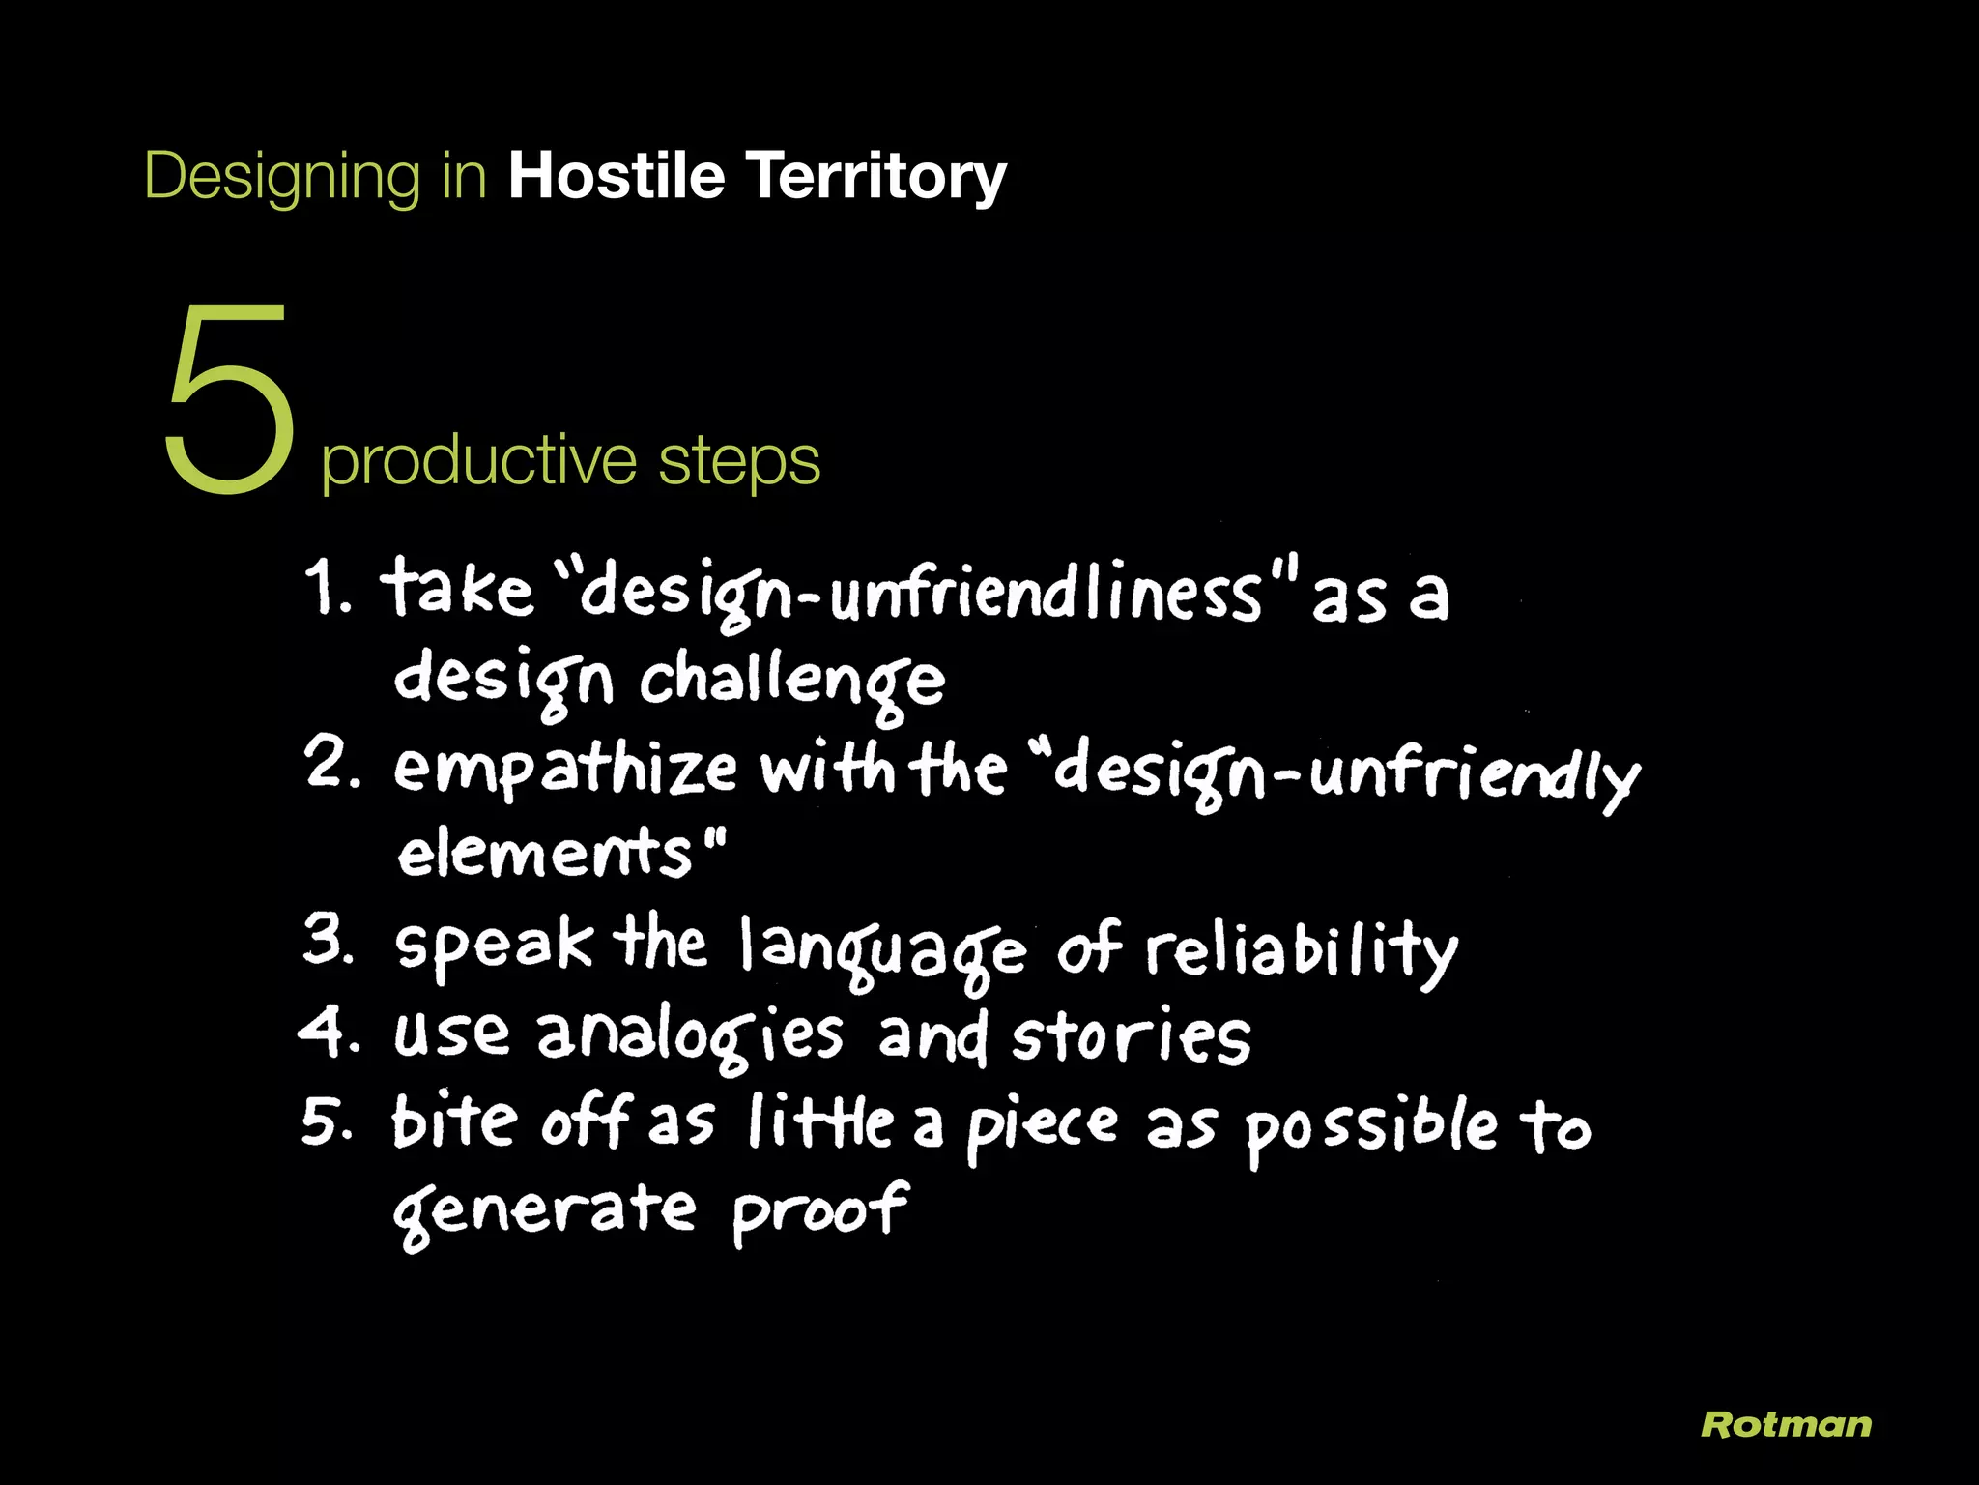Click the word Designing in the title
[281, 177]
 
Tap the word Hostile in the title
[617, 176]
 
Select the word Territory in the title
[876, 177]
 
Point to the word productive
[478, 461]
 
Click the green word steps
[739, 461]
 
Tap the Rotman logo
[1786, 1424]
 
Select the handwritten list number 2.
[330, 763]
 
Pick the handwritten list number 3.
[328, 940]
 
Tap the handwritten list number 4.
[327, 1032]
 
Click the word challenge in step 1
[791, 682]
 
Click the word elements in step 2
[546, 853]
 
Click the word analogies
[690, 1036]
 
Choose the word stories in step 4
[1131, 1036]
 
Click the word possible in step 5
[1369, 1128]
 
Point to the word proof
[819, 1210]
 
